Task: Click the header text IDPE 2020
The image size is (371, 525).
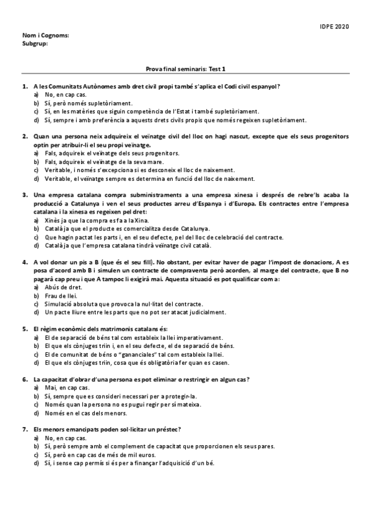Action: (x=335, y=27)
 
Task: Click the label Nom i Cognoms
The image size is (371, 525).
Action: (x=45, y=36)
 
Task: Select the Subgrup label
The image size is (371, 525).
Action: (x=35, y=43)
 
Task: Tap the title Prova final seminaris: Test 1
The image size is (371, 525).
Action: (x=185, y=71)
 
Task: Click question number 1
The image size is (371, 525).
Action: (x=25, y=86)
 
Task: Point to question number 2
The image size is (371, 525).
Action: (x=25, y=136)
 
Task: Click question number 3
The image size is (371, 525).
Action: (x=25, y=194)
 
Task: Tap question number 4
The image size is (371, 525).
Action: (x=25, y=262)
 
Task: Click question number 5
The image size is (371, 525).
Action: (x=25, y=329)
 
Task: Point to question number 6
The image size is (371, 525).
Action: (x=25, y=379)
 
